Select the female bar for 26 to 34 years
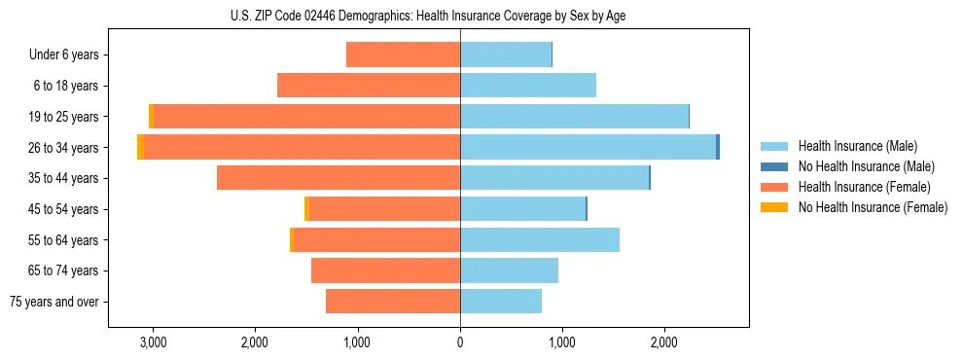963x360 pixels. point(302,147)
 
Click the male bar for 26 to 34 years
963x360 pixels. point(588,147)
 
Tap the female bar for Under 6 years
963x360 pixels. point(404,54)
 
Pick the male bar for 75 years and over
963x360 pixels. point(501,302)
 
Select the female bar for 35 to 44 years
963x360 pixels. point(339,178)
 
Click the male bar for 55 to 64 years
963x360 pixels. point(540,239)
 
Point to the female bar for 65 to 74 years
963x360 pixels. point(386,270)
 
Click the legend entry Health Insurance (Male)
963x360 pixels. point(857,146)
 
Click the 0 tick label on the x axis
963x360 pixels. point(460,342)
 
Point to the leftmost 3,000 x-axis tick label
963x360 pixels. point(153,342)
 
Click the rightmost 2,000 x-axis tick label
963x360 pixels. point(664,342)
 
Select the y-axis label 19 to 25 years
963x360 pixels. point(65,117)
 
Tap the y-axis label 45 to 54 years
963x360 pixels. point(65,209)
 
